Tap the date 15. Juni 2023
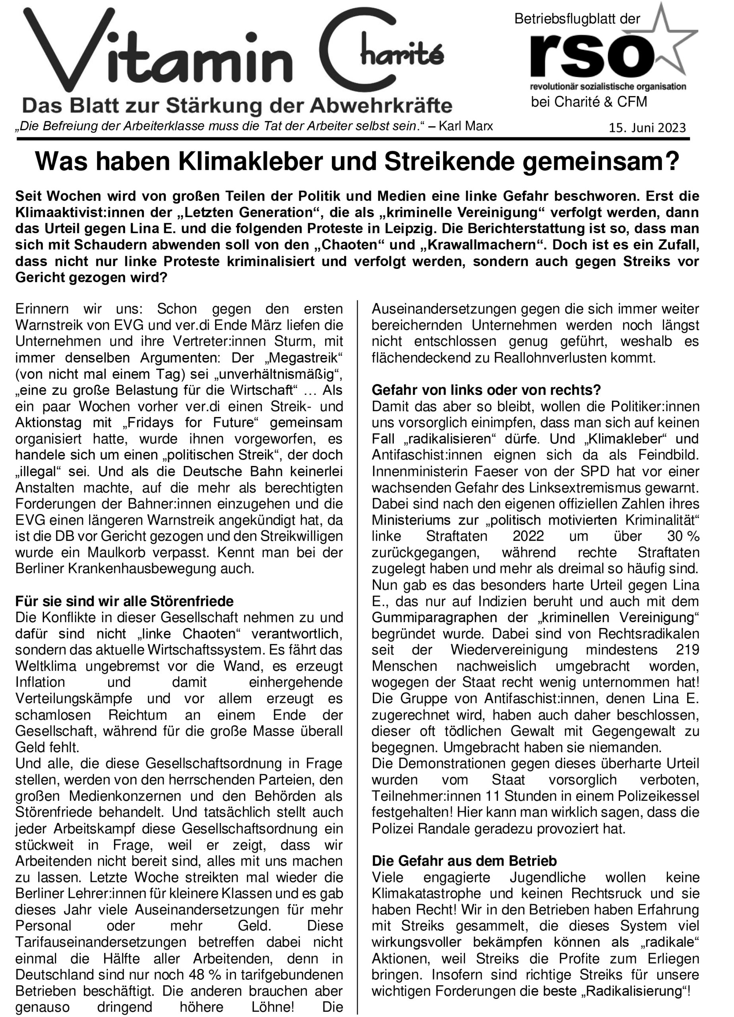(647, 128)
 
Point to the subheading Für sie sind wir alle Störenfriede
(124, 601)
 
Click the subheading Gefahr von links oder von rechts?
(486, 390)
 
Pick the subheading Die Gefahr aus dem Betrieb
(464, 861)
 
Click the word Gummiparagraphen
(434, 617)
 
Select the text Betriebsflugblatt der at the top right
(577, 19)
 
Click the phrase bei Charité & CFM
(589, 102)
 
